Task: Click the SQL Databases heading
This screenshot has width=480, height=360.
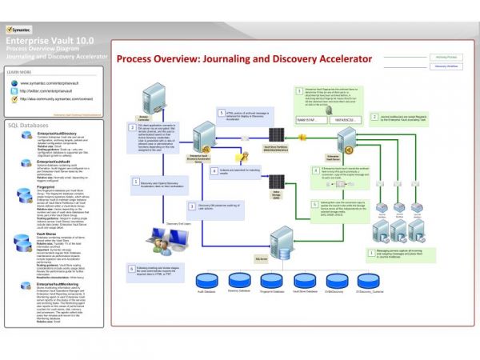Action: click(29, 126)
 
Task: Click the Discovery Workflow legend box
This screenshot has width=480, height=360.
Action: click(446, 66)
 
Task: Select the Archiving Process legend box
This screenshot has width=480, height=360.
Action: click(446, 58)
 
